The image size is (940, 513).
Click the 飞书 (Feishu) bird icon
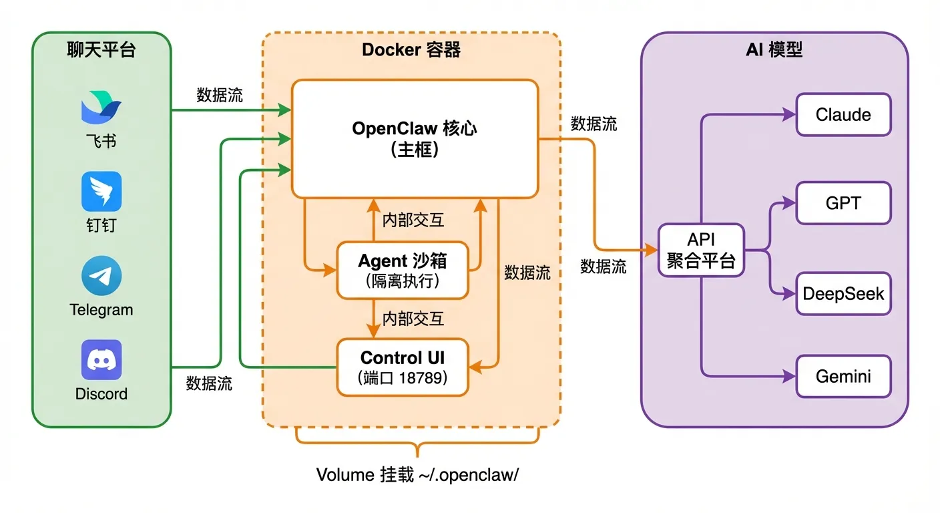pyautogui.click(x=101, y=109)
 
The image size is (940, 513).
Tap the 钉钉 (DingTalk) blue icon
pyautogui.click(x=101, y=191)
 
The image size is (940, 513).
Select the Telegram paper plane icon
pyautogui.click(x=101, y=276)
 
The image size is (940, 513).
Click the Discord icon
pyautogui.click(x=101, y=360)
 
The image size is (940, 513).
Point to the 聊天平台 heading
pyautogui.click(x=101, y=50)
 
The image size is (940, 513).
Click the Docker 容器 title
pyautogui.click(x=411, y=50)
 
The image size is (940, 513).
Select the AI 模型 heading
pyautogui.click(x=774, y=50)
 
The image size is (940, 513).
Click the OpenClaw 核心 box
pyautogui.click(x=415, y=139)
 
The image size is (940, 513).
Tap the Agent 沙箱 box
pyautogui.click(x=403, y=270)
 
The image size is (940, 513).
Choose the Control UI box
pyautogui.click(x=403, y=367)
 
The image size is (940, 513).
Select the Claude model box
pyautogui.click(x=843, y=115)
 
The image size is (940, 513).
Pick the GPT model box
pyautogui.click(x=843, y=203)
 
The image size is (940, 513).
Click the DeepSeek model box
pyautogui.click(x=843, y=293)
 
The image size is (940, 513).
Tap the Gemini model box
pyautogui.click(x=843, y=376)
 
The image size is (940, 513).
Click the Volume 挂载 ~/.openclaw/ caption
pyautogui.click(x=417, y=475)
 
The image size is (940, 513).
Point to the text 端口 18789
pyautogui.click(x=403, y=378)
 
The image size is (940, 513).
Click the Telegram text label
pyautogui.click(x=101, y=310)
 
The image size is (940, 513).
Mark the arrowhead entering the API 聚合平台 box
pyautogui.click(x=652, y=250)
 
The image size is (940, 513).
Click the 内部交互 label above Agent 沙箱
pyautogui.click(x=413, y=220)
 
